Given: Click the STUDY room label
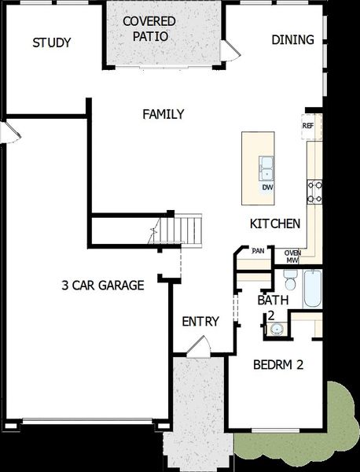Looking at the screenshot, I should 52,42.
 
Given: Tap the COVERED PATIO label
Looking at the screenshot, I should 149,28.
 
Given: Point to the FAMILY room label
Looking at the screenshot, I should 163,114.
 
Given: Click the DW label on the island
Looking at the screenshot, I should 267,187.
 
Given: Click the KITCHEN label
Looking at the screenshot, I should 274,224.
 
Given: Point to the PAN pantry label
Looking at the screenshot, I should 257,251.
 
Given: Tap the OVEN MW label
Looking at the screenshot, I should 292,256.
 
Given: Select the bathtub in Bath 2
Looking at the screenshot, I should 312,289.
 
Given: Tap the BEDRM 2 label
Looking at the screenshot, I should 277,365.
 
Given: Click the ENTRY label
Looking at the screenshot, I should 200,321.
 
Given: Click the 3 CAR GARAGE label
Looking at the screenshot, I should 103,286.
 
